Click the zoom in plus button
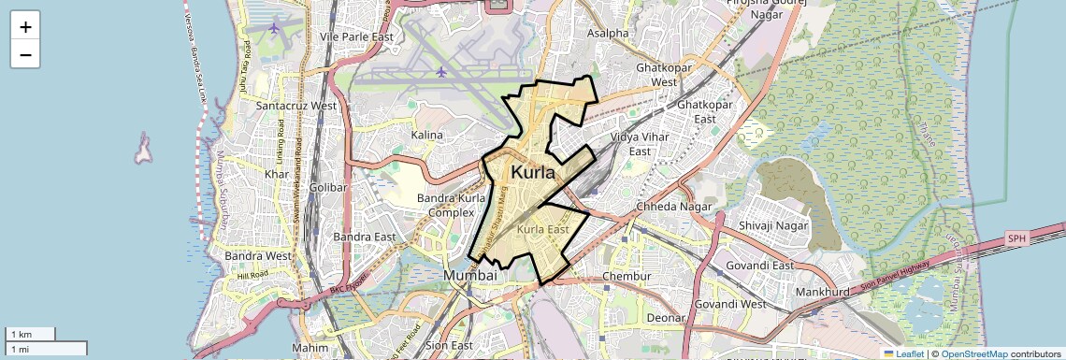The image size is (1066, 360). (25, 26)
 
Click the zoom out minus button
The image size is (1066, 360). (25, 54)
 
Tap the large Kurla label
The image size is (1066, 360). (533, 173)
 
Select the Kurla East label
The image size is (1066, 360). (543, 229)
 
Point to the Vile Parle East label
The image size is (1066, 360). (357, 36)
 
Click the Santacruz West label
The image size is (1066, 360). (296, 106)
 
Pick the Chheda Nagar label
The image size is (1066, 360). (673, 206)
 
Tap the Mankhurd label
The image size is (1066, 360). (821, 292)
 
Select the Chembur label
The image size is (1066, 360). (626, 277)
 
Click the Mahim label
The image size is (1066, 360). (310, 348)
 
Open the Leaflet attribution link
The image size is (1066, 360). (903, 353)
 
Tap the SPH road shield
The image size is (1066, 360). (1016, 239)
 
